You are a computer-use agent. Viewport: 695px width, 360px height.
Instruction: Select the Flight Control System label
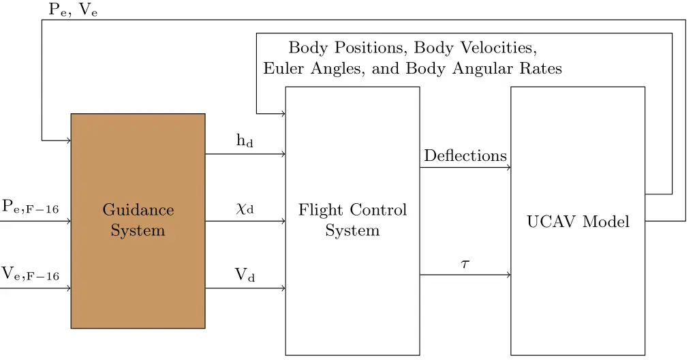[352, 220]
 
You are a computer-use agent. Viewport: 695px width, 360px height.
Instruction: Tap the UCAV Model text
[578, 222]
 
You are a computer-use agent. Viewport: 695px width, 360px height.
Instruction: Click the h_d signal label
[245, 142]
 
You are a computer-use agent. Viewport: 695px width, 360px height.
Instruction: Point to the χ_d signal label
[245, 209]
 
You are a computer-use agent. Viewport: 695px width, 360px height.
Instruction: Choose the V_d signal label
[245, 275]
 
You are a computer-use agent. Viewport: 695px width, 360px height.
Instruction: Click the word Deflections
[465, 156]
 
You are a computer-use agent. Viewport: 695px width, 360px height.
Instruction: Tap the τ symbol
[465, 263]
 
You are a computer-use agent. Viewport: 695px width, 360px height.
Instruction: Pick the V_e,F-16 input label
[31, 275]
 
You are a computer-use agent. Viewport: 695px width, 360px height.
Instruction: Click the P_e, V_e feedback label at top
[73, 10]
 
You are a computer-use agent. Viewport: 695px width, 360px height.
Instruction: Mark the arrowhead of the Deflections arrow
[508, 168]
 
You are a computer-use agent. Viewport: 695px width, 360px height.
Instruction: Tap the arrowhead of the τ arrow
[508, 275]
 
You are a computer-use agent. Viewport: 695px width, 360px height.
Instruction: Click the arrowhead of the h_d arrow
[283, 154]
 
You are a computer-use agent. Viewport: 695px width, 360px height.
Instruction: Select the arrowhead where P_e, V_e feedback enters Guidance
[68, 140]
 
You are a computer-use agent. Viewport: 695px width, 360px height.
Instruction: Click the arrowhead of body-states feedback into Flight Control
[283, 114]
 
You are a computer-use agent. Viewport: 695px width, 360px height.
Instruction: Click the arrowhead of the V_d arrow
[283, 288]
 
